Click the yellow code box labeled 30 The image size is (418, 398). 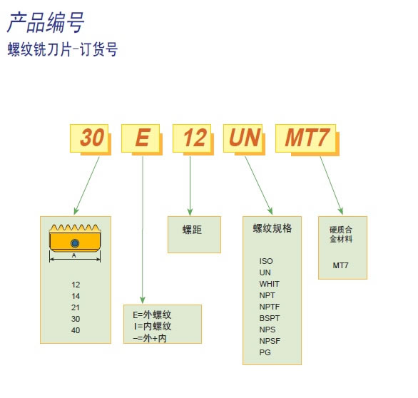point(89,138)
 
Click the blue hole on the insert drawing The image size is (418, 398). point(75,243)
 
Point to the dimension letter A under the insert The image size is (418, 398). point(74,255)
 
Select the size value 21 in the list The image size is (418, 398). point(76,307)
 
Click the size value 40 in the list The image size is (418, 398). point(76,330)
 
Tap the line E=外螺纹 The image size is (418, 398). point(152,315)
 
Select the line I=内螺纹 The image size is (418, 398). point(153,326)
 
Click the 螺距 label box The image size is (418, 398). point(194,235)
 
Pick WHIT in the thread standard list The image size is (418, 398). point(269,284)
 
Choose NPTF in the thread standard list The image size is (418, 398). point(270,307)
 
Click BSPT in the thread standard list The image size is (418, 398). point(270,318)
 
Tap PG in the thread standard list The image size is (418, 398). point(265,352)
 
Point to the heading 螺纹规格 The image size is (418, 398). point(272,228)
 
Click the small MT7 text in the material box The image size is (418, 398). point(340,265)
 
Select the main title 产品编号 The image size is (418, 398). point(46,23)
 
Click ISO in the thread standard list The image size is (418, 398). point(266,261)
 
